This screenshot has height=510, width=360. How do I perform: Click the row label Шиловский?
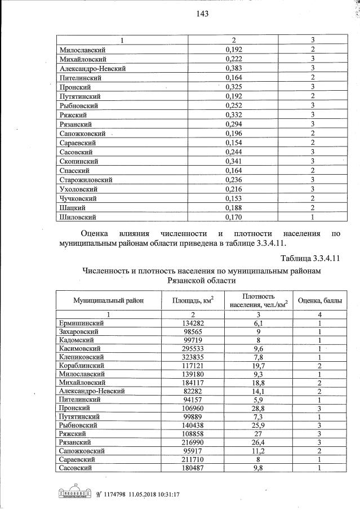pyautogui.click(x=77, y=216)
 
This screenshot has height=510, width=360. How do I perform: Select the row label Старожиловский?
pyautogui.click(x=86, y=180)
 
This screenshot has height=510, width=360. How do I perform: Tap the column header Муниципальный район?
pyautogui.click(x=108, y=300)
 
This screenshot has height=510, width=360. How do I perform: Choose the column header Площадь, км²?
pyautogui.click(x=192, y=300)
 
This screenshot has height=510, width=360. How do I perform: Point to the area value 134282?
pyautogui.click(x=190, y=323)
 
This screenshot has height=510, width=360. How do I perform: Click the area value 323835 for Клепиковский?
pyautogui.click(x=190, y=357)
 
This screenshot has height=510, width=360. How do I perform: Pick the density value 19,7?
pyautogui.click(x=257, y=365)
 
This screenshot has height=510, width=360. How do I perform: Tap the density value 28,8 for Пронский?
pyautogui.click(x=257, y=407)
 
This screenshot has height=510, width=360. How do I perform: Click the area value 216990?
pyautogui.click(x=190, y=441)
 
